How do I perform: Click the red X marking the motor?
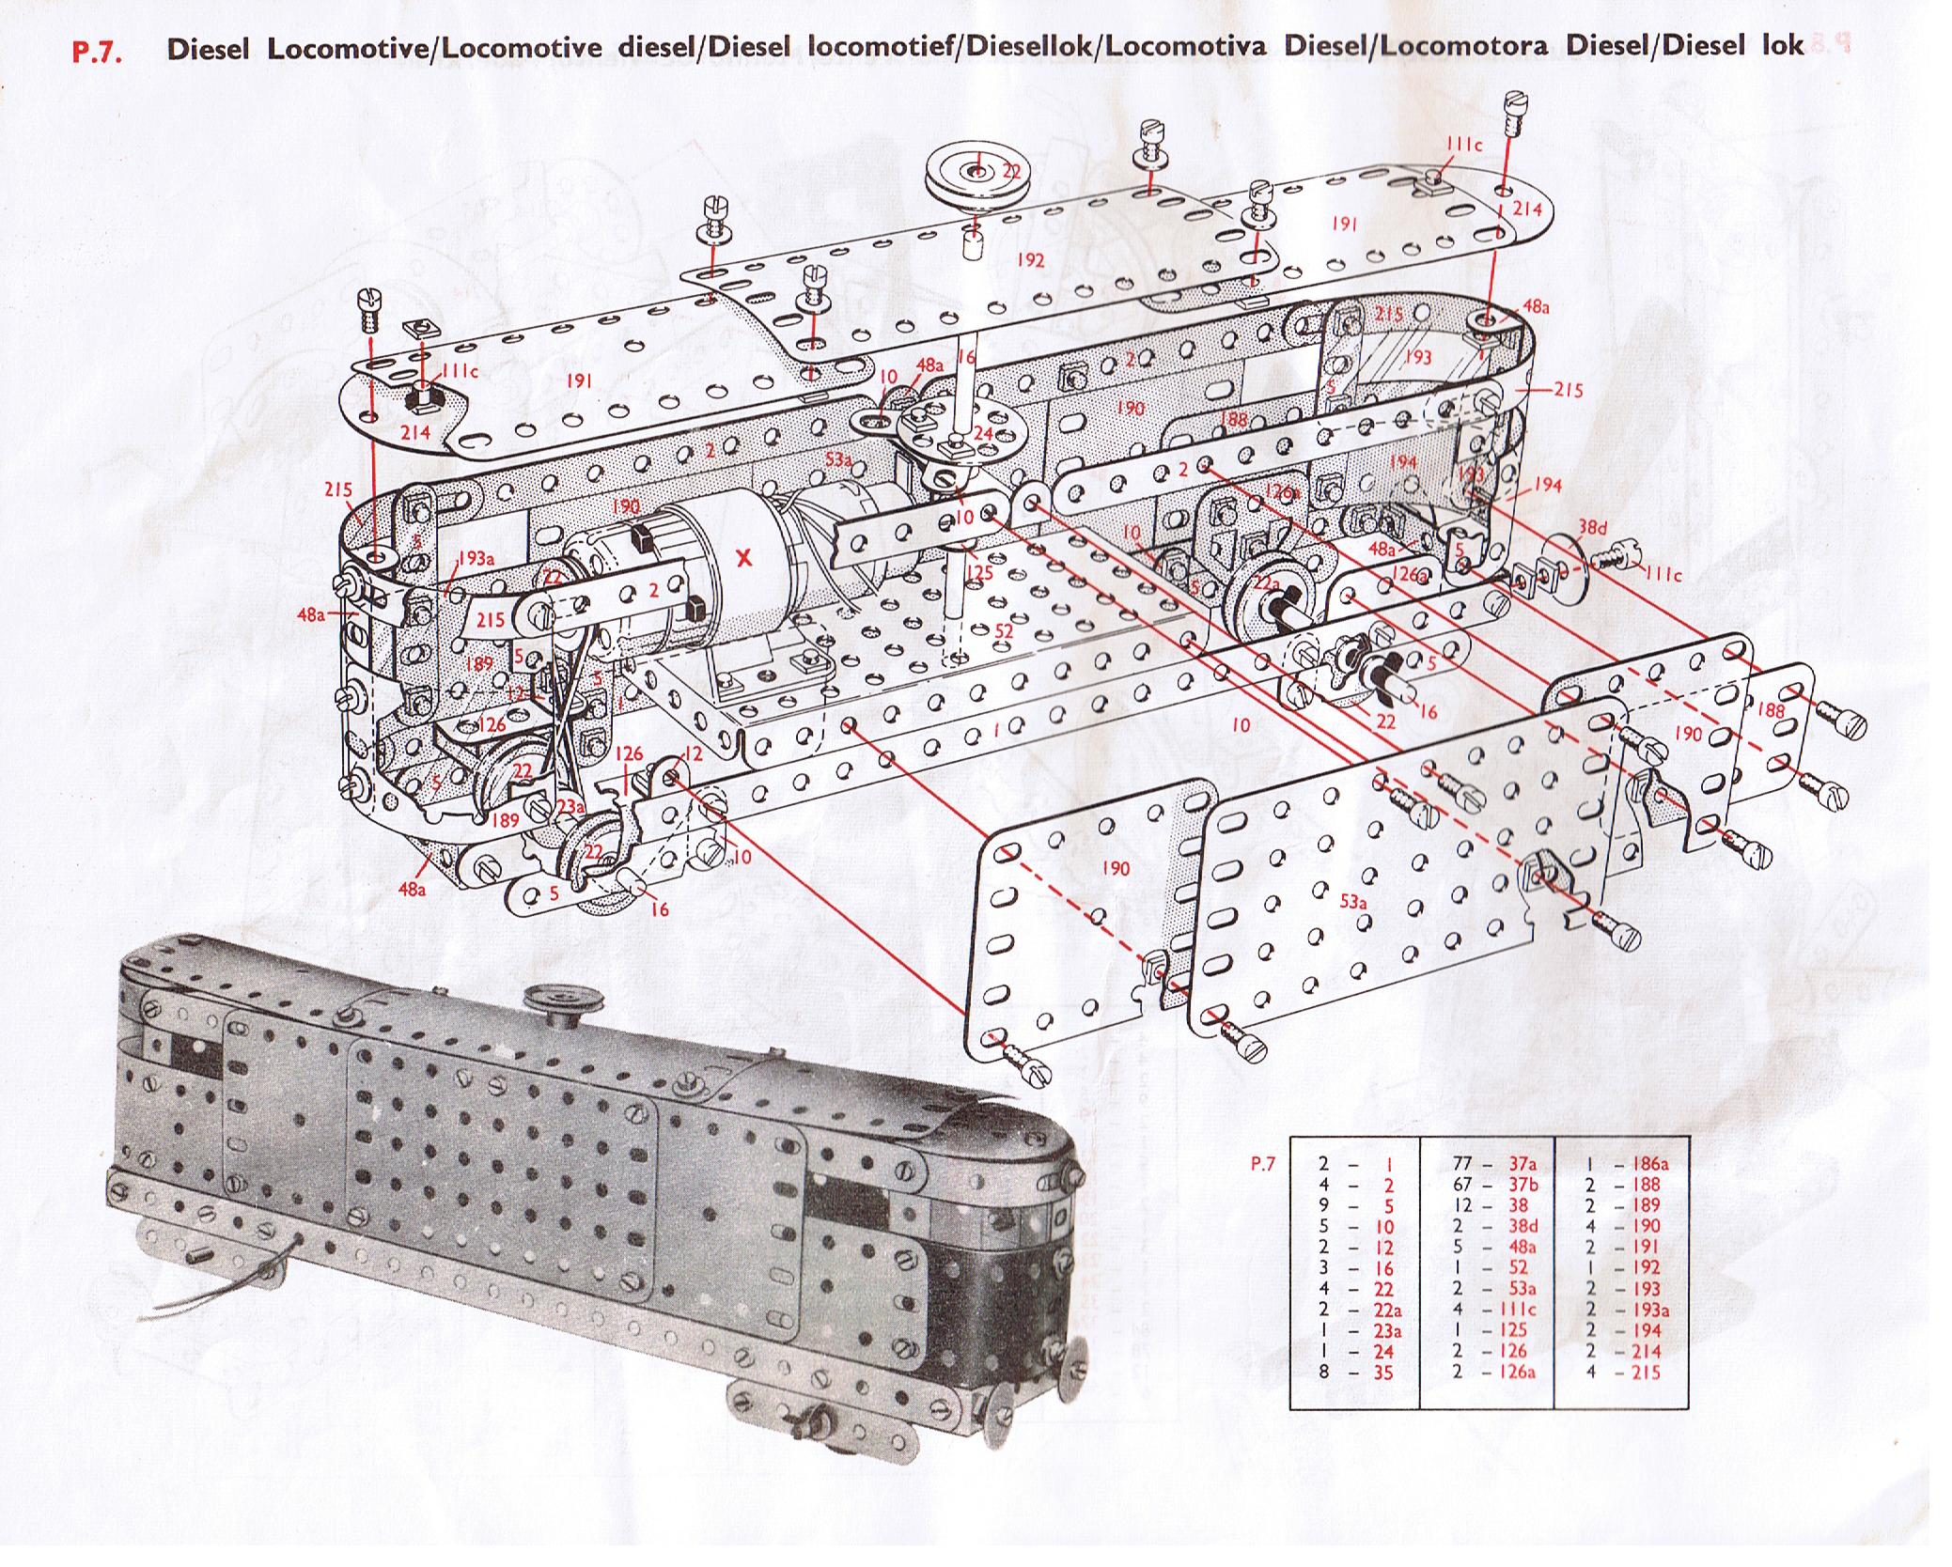(744, 559)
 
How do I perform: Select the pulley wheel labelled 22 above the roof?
(977, 173)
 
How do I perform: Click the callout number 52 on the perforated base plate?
(1005, 631)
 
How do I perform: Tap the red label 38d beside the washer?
(1592, 528)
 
